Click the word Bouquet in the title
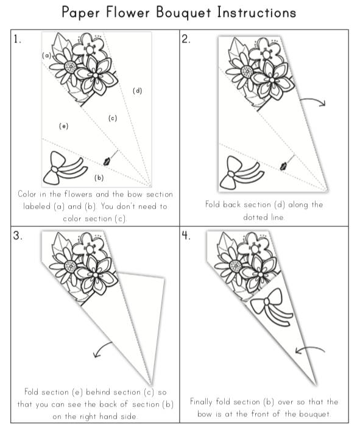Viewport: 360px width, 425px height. (183, 13)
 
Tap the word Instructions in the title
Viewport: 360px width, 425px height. (256, 12)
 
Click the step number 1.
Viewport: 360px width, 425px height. (17, 40)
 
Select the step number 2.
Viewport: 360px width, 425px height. (186, 40)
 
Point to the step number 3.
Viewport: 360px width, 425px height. (17, 235)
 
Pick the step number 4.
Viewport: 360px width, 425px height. (186, 235)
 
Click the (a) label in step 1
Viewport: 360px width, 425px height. (47, 55)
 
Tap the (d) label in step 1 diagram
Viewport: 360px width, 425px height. (138, 91)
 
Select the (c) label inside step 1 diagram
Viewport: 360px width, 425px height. (113, 118)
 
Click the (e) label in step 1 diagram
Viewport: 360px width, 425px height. (64, 126)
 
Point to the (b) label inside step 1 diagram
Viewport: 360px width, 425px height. (99, 178)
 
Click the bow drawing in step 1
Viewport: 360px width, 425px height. (65, 169)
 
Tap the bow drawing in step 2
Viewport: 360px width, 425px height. (242, 173)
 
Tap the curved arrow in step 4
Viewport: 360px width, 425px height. (309, 348)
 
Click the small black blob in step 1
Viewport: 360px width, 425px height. (107, 161)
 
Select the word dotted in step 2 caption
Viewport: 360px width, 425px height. (255, 217)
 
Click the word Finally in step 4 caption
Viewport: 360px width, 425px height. (201, 402)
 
